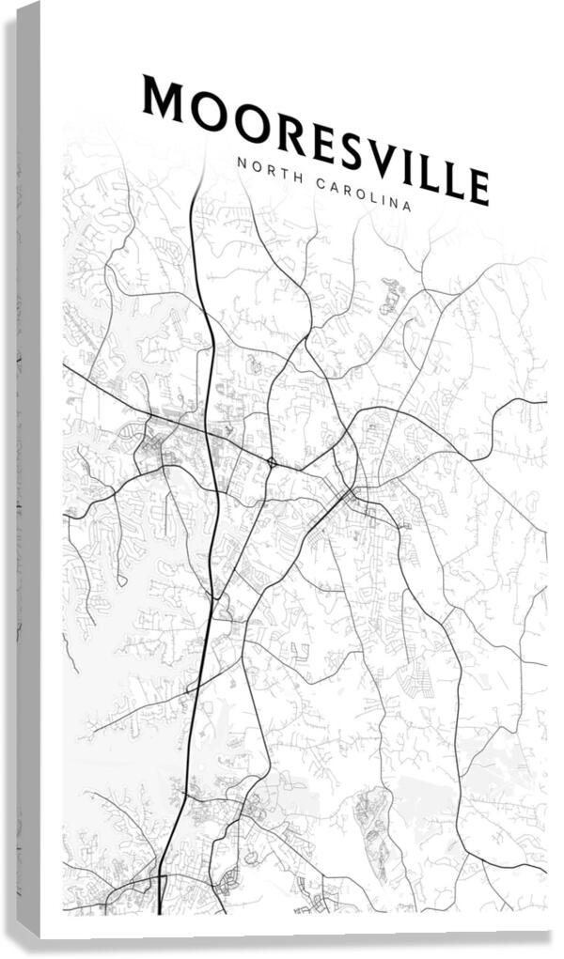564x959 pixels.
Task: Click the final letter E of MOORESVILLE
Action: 478,187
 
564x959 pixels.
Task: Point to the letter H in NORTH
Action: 289,177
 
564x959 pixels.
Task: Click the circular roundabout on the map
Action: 271,462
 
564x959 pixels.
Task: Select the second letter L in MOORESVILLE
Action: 452,181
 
